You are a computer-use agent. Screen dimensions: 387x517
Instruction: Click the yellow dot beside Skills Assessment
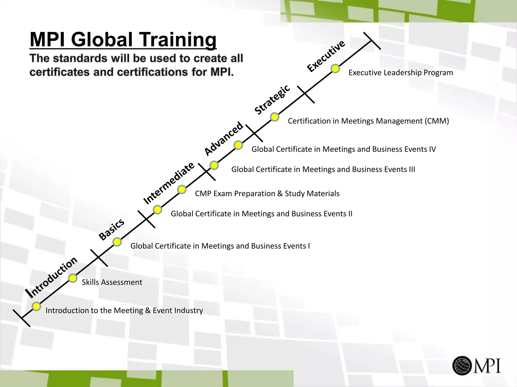(73, 278)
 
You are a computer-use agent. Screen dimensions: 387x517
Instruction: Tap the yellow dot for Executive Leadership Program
(335, 69)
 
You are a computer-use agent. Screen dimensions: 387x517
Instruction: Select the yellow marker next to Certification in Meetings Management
(275, 117)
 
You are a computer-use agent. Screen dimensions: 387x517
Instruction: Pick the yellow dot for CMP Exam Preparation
(182, 189)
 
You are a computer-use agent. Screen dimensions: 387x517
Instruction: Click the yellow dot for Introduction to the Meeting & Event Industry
(36, 306)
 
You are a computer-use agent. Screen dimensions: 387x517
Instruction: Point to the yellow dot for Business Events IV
(238, 145)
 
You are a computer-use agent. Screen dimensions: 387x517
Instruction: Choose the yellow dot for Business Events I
(117, 242)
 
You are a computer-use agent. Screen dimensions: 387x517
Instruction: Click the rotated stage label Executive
(326, 56)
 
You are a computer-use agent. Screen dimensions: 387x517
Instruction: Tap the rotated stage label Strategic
(272, 100)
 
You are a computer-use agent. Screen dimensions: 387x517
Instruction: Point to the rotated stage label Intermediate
(169, 183)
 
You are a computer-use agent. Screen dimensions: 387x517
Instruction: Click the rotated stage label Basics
(111, 229)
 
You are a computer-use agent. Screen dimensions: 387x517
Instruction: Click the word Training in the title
(178, 40)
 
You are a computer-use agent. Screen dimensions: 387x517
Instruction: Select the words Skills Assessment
(112, 282)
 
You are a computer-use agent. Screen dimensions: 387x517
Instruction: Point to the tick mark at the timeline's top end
(372, 41)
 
